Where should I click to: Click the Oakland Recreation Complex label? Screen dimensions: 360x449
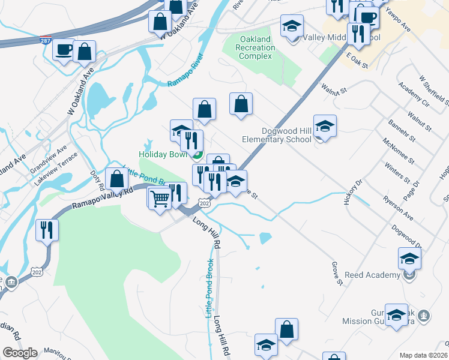(255, 47)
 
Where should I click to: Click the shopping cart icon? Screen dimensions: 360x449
(160, 197)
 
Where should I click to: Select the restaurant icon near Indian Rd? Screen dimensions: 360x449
(47, 229)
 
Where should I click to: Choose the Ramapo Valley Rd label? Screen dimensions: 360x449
(103, 199)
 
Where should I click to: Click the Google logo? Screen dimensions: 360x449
(20, 353)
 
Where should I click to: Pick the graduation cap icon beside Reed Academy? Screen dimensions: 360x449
(409, 259)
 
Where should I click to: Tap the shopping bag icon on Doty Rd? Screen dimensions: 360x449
(117, 179)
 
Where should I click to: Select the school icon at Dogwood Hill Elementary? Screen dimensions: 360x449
(325, 126)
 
